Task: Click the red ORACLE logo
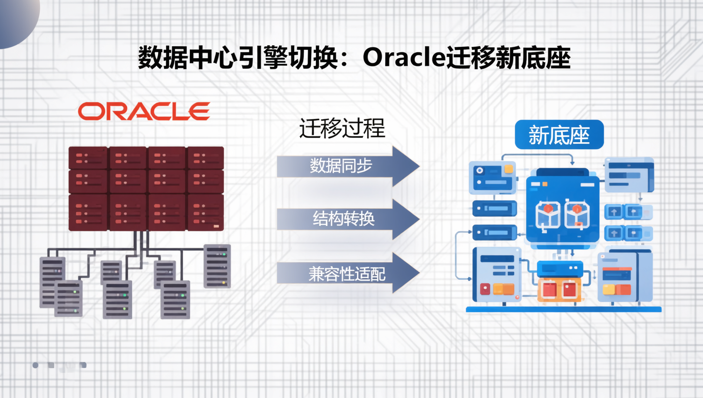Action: coord(144,111)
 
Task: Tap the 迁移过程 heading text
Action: coord(342,128)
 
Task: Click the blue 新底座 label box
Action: coord(559,135)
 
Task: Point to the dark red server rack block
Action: coord(146,188)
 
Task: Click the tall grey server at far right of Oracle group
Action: coord(217,266)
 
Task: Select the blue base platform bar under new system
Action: coord(563,309)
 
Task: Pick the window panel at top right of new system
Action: coord(629,175)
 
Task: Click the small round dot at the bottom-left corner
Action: coord(36,365)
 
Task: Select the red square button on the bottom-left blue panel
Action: coord(485,289)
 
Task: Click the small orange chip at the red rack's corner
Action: coord(216,226)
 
